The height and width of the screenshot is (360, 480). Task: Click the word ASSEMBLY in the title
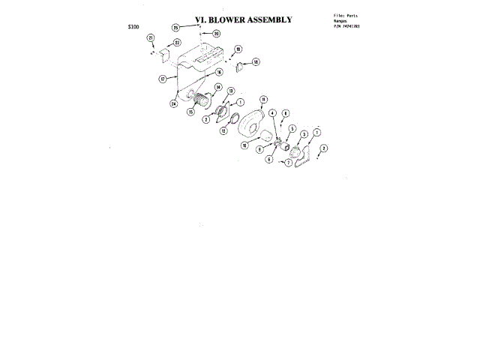[270, 19]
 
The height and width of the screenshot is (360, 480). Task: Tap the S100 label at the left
[133, 27]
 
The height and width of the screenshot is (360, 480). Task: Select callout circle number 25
[175, 27]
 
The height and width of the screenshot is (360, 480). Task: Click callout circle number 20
[216, 33]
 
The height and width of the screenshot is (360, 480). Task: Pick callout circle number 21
[151, 37]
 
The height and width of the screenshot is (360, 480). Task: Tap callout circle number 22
[177, 43]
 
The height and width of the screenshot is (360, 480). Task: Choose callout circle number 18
[256, 61]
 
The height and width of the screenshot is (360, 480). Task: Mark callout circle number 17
[162, 78]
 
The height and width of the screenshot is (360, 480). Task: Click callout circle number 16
[220, 72]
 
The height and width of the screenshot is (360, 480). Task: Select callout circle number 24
[173, 103]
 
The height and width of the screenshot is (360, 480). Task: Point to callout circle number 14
[218, 87]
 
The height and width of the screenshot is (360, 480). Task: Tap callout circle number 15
[191, 112]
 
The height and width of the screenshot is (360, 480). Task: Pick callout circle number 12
[223, 130]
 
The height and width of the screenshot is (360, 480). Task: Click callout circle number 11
[263, 99]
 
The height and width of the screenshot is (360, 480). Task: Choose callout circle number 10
[244, 145]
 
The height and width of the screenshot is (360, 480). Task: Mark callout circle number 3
[304, 134]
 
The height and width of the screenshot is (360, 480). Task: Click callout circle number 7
[288, 162]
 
